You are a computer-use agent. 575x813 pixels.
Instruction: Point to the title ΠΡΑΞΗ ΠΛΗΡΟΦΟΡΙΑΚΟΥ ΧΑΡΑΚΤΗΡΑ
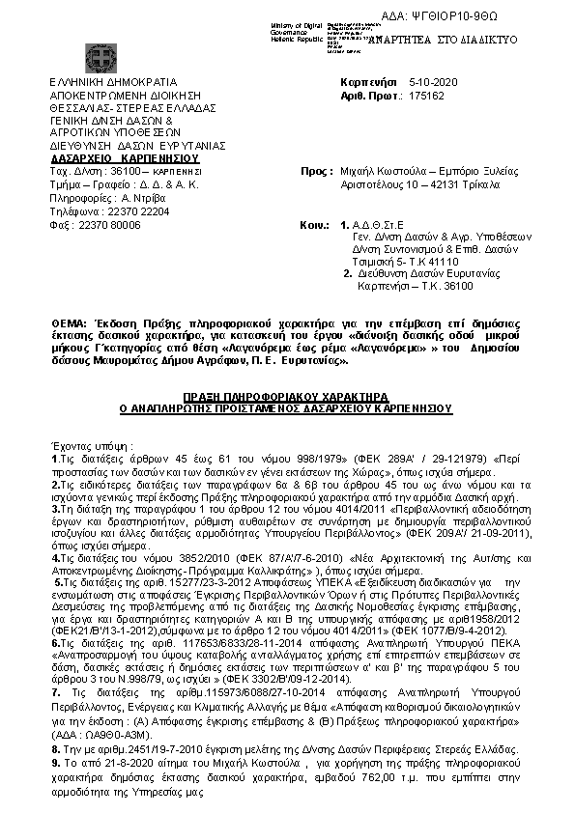[x=285, y=397]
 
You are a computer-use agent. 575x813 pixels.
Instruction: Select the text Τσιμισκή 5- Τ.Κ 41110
[x=405, y=262]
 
